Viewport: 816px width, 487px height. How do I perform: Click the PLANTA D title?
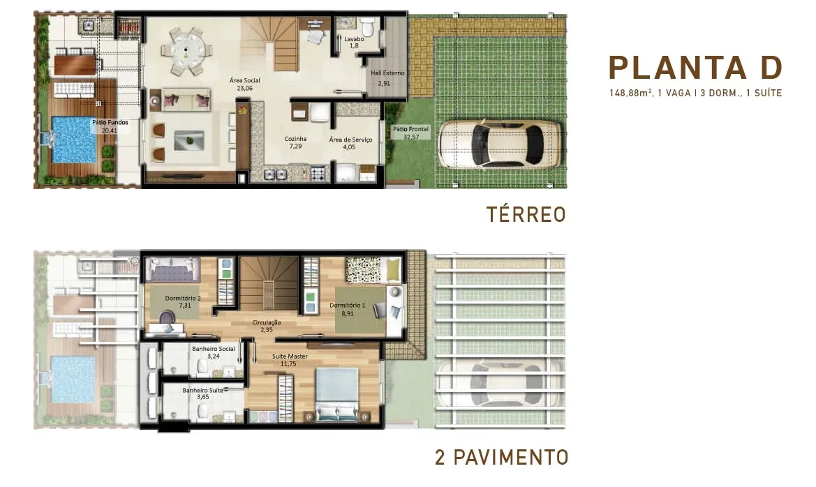tap(695, 68)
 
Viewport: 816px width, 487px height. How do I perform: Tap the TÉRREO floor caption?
tap(526, 214)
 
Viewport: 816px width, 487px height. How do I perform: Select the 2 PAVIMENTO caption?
tap(502, 457)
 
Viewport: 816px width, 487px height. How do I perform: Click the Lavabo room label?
tap(355, 39)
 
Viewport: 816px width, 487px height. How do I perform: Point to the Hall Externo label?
tap(387, 73)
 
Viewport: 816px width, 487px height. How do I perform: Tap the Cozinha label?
tap(295, 139)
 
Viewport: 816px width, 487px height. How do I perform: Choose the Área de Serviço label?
tap(350, 140)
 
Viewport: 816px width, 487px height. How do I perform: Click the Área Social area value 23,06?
tap(244, 89)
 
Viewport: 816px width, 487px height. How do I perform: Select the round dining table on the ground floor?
tap(186, 51)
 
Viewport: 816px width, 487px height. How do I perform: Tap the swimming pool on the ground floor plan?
tap(74, 140)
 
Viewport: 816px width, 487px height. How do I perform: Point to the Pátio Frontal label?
tap(410, 129)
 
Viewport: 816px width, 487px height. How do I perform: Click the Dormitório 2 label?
tap(183, 298)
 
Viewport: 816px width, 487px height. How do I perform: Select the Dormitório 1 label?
tap(347, 306)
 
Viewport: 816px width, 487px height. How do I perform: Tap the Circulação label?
tap(267, 322)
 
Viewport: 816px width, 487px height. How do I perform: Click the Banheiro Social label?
tap(214, 349)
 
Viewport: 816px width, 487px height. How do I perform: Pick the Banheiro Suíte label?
tap(203, 390)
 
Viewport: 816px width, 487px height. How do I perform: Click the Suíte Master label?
tap(290, 357)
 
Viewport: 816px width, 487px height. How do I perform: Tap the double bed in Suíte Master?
tap(336, 394)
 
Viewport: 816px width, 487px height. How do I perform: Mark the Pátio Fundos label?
tap(110, 122)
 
